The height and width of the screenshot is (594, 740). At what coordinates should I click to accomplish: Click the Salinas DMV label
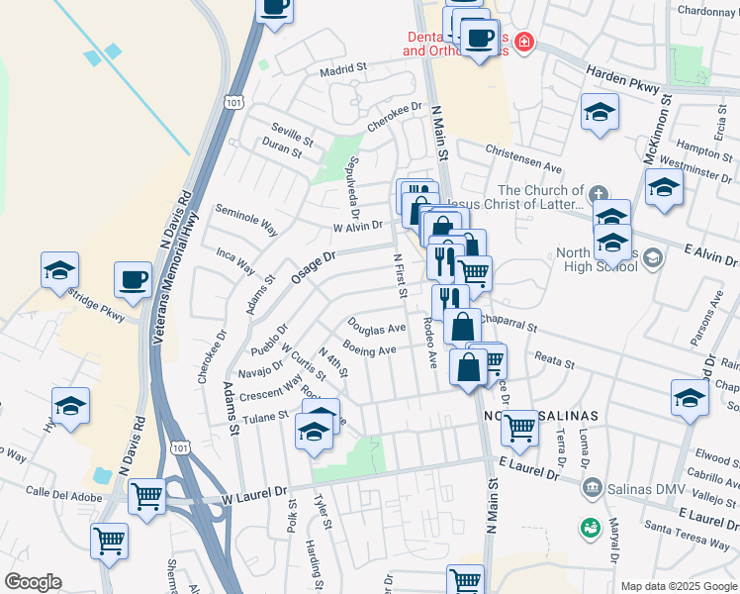642,486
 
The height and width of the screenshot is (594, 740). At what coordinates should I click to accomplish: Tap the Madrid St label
342,70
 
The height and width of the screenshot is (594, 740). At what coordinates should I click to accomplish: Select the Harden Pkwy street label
622,80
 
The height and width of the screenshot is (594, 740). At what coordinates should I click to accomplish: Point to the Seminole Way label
246,221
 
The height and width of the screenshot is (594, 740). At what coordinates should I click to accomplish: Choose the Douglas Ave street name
376,327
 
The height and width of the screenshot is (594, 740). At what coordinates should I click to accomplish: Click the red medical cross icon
523,43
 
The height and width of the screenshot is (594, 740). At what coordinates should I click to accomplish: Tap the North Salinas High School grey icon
652,258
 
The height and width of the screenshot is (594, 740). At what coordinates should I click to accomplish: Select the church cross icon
598,192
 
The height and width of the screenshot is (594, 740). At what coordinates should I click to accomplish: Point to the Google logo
33,582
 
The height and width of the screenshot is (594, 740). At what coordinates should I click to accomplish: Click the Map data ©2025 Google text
679,586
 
